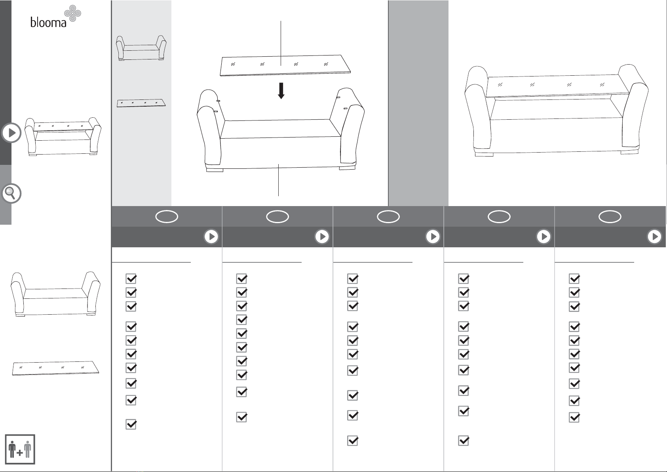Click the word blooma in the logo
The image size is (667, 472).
pos(48,22)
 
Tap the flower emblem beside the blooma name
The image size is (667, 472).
pos(73,13)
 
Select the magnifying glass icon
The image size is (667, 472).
pos(11,193)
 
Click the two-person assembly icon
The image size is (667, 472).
pos(20,449)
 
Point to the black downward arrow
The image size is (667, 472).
pos(281,91)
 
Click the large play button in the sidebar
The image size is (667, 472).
pos(11,133)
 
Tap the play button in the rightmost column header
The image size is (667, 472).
pos(654,237)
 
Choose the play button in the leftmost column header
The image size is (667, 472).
pos(211,237)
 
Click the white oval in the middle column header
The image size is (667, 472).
pos(388,216)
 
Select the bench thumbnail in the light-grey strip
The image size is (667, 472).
pos(141,48)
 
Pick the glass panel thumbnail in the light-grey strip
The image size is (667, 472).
pos(141,103)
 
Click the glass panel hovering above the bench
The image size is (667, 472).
pos(285,65)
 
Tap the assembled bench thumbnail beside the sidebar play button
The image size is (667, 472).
pos(63,136)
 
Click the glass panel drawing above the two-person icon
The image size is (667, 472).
pos(55,368)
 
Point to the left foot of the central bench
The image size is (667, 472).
pos(215,170)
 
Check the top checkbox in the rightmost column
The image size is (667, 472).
pos(574,279)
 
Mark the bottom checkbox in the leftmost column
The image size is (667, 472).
pos(131,424)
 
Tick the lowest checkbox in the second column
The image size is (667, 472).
pos(242,417)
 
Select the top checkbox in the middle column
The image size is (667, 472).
pos(353,279)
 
